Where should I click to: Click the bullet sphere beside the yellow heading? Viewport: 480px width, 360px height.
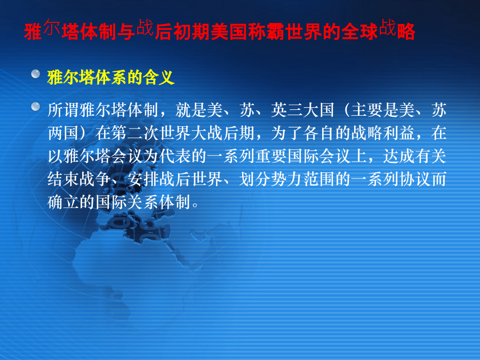[36, 74]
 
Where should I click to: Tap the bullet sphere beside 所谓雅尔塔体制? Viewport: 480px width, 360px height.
[36, 106]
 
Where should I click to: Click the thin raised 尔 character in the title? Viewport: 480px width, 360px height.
[51, 27]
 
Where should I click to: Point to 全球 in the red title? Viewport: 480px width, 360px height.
[360, 31]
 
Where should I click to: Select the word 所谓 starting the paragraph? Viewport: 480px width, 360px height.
[63, 110]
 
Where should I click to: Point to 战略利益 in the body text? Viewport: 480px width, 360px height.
[382, 133]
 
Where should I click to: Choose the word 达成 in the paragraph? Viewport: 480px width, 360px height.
[398, 156]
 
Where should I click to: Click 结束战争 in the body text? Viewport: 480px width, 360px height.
[79, 179]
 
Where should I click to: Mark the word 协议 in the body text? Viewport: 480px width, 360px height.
[414, 179]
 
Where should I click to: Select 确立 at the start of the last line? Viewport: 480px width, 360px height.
[63, 202]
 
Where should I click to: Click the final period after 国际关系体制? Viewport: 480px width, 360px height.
[195, 206]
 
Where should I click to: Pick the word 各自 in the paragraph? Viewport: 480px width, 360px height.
[319, 133]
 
